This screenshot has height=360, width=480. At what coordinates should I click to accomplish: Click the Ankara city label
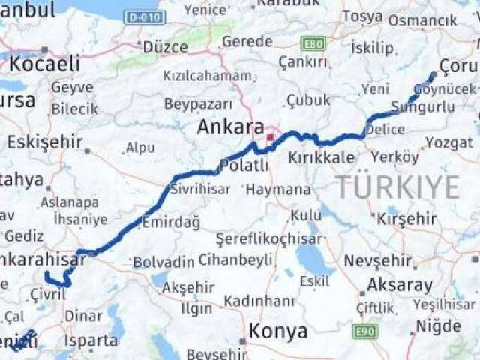tap(230, 127)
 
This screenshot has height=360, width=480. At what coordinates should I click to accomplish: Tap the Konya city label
tap(277, 331)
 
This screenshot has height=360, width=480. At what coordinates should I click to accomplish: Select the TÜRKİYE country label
tap(397, 187)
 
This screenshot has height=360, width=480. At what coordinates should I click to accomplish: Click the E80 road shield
tap(314, 44)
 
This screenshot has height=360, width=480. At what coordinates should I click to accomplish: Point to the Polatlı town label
tap(244, 165)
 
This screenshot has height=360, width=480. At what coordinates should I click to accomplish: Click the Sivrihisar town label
tap(199, 189)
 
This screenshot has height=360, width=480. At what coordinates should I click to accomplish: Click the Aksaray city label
tap(399, 285)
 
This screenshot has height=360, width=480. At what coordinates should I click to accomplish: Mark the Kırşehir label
tap(406, 219)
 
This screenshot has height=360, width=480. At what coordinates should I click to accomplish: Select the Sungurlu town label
tap(433, 107)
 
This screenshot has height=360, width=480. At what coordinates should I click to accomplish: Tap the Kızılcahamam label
tap(207, 76)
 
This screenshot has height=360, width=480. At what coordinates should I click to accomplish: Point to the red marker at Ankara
tap(270, 138)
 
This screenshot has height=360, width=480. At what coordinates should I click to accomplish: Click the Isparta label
tap(91, 340)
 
